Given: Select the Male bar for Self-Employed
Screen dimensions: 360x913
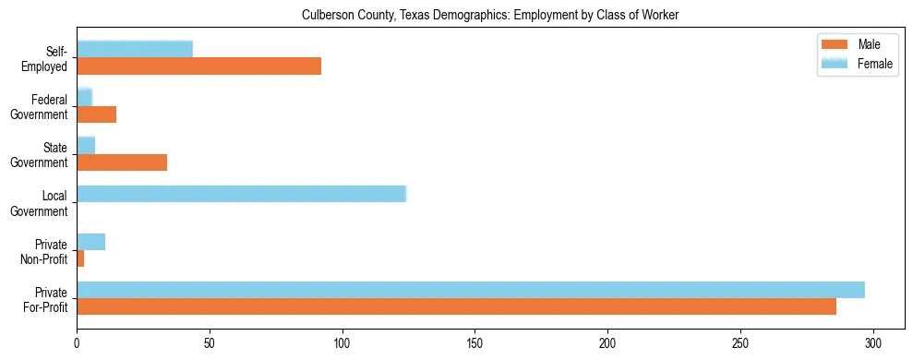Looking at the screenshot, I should pyautogui.click(x=198, y=66).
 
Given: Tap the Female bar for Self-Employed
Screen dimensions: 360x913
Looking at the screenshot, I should pyautogui.click(x=135, y=50).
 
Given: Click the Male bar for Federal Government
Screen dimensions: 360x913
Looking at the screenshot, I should pyautogui.click(x=96, y=114).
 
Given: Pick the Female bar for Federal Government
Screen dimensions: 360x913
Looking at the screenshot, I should pyautogui.click(x=84, y=98).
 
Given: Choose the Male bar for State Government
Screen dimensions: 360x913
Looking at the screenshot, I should pyautogui.click(x=122, y=162).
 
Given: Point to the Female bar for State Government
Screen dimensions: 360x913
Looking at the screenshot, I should pyautogui.click(x=86, y=146).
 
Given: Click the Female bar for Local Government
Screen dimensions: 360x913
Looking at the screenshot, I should pyautogui.click(x=241, y=194).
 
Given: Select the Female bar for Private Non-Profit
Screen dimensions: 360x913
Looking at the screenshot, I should pyautogui.click(x=90, y=242).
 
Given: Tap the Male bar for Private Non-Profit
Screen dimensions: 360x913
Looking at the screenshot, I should pyautogui.click(x=80, y=258).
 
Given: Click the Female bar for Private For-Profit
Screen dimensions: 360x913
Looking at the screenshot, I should pyautogui.click(x=471, y=290).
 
